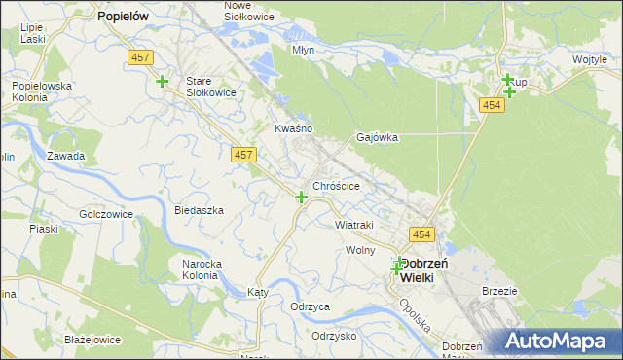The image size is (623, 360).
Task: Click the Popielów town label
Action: point(122,17)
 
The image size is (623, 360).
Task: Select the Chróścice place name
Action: point(337,185)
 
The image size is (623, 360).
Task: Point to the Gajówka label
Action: point(378,138)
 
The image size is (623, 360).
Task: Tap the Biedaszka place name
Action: point(199,210)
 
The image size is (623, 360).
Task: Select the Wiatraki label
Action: point(354,225)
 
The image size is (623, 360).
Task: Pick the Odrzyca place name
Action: point(310,306)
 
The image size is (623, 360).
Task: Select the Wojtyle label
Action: point(590,60)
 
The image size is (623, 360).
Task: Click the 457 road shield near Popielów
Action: point(139,58)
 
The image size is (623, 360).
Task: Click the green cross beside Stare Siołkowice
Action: point(162,82)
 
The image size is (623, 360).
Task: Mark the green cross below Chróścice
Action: point(302,198)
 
